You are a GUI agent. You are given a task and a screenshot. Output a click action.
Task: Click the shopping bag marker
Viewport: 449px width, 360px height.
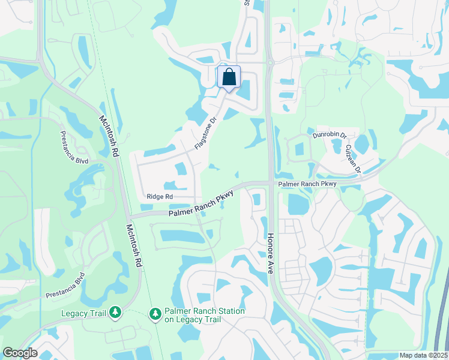229,77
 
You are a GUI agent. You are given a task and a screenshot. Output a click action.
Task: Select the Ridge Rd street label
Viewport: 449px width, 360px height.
160,196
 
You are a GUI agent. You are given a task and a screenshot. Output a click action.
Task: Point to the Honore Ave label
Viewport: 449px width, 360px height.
270,254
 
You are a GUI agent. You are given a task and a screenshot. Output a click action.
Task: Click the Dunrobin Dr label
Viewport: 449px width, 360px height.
330,136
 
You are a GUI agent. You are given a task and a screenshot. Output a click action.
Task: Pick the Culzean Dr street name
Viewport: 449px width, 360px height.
352,158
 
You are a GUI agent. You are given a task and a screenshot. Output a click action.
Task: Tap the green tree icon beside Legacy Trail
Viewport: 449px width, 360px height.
115,313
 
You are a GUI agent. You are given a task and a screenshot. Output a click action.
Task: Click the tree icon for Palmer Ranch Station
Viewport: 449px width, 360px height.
155,314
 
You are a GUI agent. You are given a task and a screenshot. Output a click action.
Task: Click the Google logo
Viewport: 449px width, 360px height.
20,353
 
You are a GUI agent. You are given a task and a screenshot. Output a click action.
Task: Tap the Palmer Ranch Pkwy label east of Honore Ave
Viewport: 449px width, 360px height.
306,183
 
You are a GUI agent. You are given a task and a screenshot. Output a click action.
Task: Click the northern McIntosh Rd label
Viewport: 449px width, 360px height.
109,136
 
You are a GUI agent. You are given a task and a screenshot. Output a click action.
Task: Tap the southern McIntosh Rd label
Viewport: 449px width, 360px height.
133,245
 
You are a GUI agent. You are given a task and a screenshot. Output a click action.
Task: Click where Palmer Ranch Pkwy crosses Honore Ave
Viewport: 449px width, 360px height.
270,183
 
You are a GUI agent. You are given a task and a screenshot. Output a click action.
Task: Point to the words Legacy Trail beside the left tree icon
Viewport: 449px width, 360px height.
83,313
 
